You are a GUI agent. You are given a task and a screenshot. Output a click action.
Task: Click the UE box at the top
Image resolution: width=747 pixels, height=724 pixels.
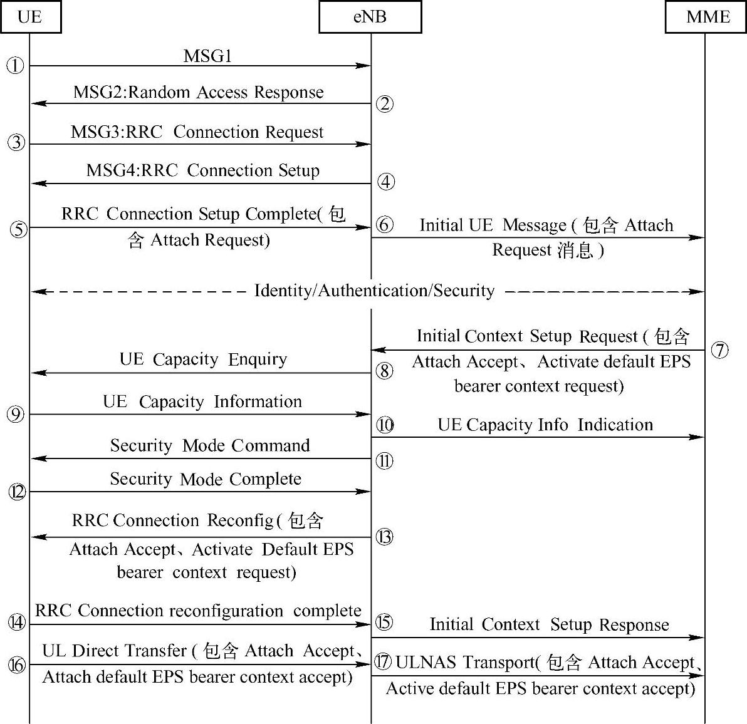tap(30, 16)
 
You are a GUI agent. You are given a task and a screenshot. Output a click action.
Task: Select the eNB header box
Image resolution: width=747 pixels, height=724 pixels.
tap(370, 16)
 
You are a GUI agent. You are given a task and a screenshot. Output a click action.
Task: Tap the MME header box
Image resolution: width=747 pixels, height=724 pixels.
tap(708, 16)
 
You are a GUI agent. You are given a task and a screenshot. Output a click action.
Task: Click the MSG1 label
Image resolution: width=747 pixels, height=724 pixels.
tap(207, 56)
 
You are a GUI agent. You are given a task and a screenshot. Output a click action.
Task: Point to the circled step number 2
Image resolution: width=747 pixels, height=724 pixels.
tap(385, 103)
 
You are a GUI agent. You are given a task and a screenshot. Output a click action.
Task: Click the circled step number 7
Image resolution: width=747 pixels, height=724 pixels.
tap(720, 349)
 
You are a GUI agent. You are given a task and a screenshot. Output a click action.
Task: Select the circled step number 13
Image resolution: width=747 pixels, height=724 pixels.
tap(385, 537)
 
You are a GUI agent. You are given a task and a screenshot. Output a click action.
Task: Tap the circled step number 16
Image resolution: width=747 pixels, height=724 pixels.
tap(17, 665)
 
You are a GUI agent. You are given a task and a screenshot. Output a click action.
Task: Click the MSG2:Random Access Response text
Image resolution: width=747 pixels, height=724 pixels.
tap(199, 93)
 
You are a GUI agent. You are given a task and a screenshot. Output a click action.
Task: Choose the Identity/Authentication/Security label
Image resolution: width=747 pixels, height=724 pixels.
tap(374, 291)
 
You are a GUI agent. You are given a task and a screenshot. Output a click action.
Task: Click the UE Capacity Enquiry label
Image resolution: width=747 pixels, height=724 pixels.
tap(204, 359)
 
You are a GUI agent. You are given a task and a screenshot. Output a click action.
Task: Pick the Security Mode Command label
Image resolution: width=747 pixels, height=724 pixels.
tap(210, 445)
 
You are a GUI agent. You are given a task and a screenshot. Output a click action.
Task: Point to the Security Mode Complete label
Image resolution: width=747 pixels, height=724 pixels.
tap(206, 479)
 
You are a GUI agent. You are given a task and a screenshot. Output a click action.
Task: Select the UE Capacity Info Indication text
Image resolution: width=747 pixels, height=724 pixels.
tap(545, 425)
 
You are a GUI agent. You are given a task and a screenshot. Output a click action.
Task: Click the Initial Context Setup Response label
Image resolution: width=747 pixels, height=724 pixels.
tap(549, 624)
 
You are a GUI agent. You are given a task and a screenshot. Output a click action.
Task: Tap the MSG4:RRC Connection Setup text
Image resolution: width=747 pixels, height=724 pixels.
tap(203, 170)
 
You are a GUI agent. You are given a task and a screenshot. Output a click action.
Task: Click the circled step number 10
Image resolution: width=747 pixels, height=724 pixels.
tap(385, 426)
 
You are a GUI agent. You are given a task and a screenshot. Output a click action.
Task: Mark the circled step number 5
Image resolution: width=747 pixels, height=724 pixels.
tap(19, 229)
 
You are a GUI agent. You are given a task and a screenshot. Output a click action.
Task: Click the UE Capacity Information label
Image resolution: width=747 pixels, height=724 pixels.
tap(202, 401)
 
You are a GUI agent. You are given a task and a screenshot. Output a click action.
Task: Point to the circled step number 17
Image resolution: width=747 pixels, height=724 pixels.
tap(384, 661)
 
